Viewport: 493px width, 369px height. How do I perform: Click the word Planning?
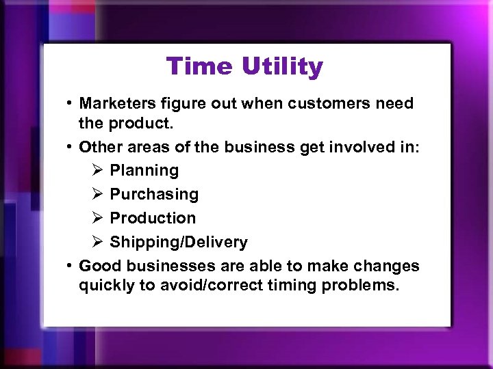[x=144, y=170]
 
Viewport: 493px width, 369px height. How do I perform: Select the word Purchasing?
[x=154, y=194]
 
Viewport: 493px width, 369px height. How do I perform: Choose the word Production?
[x=153, y=218]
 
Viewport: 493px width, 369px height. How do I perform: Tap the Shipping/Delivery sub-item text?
[x=179, y=242]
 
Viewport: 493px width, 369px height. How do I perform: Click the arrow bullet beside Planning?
[x=97, y=170]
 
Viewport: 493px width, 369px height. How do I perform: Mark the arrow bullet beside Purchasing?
[x=97, y=194]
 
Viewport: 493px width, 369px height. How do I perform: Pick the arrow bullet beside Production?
[x=97, y=218]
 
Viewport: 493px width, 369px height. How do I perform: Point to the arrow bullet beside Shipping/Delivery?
[x=97, y=242]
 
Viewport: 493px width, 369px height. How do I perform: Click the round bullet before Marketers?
[x=70, y=104]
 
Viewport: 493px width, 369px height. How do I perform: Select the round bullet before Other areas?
[x=70, y=146]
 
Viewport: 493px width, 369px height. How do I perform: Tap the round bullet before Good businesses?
[x=70, y=266]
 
